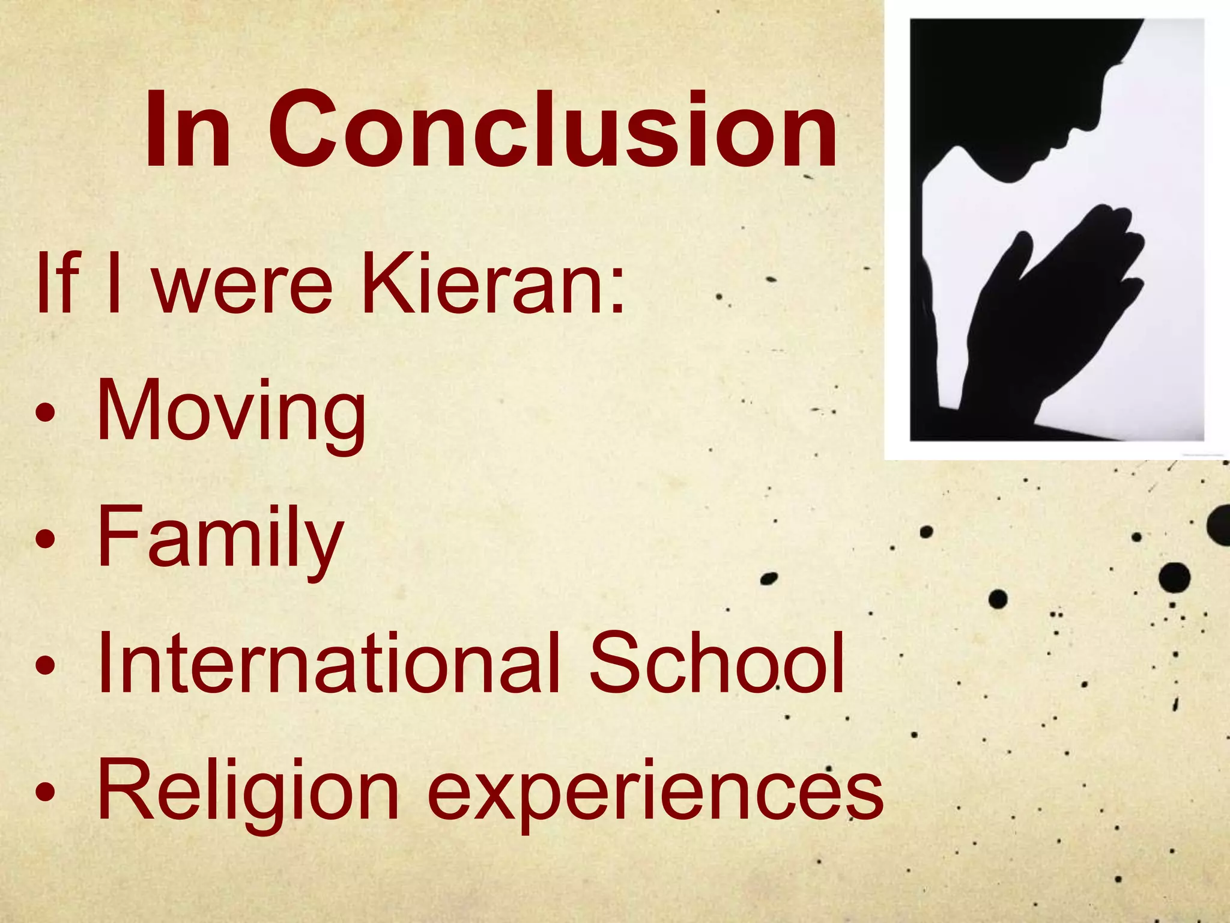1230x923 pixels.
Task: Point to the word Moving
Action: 231,413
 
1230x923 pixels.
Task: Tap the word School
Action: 717,664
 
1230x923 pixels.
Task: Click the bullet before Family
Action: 46,538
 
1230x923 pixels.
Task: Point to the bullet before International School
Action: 46,665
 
